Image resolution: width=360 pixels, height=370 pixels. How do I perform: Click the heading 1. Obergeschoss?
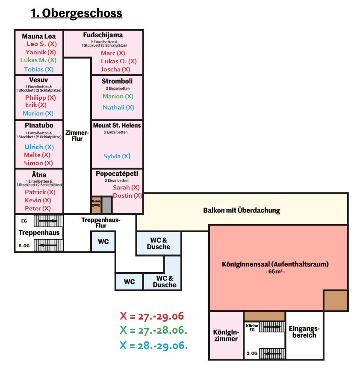[76, 13]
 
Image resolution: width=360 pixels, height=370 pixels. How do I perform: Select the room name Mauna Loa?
[39, 36]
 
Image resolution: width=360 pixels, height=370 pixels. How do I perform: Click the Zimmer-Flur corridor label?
[77, 136]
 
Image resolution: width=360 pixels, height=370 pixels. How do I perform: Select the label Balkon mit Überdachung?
[241, 210]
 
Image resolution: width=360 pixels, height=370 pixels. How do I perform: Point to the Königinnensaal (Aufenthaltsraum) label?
[275, 264]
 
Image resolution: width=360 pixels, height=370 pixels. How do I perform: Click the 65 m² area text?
[275, 272]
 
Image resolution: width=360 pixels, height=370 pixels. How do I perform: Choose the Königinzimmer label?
[225, 335]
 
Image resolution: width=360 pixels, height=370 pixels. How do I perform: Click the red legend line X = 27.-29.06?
[152, 317]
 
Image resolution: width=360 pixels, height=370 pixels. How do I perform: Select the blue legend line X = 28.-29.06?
[153, 345]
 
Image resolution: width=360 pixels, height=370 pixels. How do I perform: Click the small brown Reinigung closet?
[96, 205]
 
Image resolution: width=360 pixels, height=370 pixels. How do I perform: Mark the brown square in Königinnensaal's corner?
[335, 300]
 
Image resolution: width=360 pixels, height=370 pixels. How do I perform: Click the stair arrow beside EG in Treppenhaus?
[48, 221]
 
